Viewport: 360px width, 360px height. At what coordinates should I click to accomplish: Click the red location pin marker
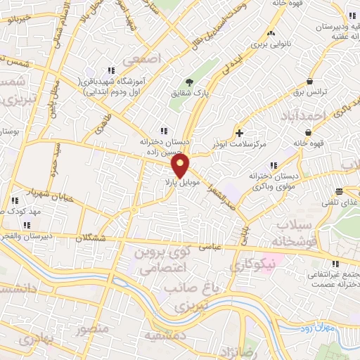coord(181,167)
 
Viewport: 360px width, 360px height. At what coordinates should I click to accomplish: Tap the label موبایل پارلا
coord(179,182)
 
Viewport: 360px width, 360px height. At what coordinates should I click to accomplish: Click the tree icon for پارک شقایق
coord(188,81)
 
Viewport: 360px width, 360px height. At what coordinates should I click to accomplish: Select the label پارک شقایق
coord(188,91)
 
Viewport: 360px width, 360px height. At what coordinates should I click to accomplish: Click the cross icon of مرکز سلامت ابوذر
coord(240,132)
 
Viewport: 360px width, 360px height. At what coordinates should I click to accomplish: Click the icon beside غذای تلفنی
coord(340,191)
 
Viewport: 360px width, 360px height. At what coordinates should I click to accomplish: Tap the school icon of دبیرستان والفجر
coord(27,226)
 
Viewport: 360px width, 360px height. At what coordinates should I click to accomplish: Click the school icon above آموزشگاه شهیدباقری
coord(110,71)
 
